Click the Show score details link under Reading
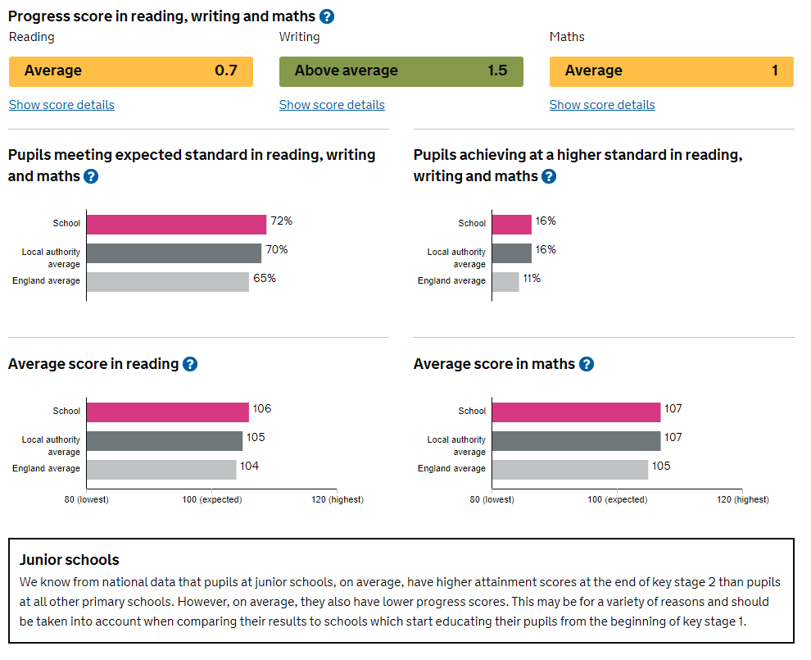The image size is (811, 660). (61, 105)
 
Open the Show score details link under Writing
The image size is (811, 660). (332, 105)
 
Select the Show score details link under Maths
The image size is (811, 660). (602, 105)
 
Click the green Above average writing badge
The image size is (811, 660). (401, 71)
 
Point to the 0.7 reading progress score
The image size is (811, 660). (226, 71)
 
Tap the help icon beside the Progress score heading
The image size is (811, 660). (327, 16)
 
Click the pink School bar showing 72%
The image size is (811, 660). (176, 225)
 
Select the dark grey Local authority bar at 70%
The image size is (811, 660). (174, 253)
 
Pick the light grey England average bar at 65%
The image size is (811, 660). (167, 282)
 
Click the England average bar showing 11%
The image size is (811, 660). (505, 282)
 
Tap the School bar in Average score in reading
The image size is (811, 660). (167, 412)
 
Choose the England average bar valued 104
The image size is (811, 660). (161, 470)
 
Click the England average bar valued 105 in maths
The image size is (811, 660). (569, 470)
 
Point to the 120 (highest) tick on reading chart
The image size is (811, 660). (338, 499)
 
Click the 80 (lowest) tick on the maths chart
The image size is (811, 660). (492, 499)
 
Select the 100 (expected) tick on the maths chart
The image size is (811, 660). (618, 499)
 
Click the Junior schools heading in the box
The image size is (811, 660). (70, 560)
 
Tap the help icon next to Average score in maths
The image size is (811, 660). (587, 364)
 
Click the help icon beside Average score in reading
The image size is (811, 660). (190, 364)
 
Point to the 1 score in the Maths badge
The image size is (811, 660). (775, 71)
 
